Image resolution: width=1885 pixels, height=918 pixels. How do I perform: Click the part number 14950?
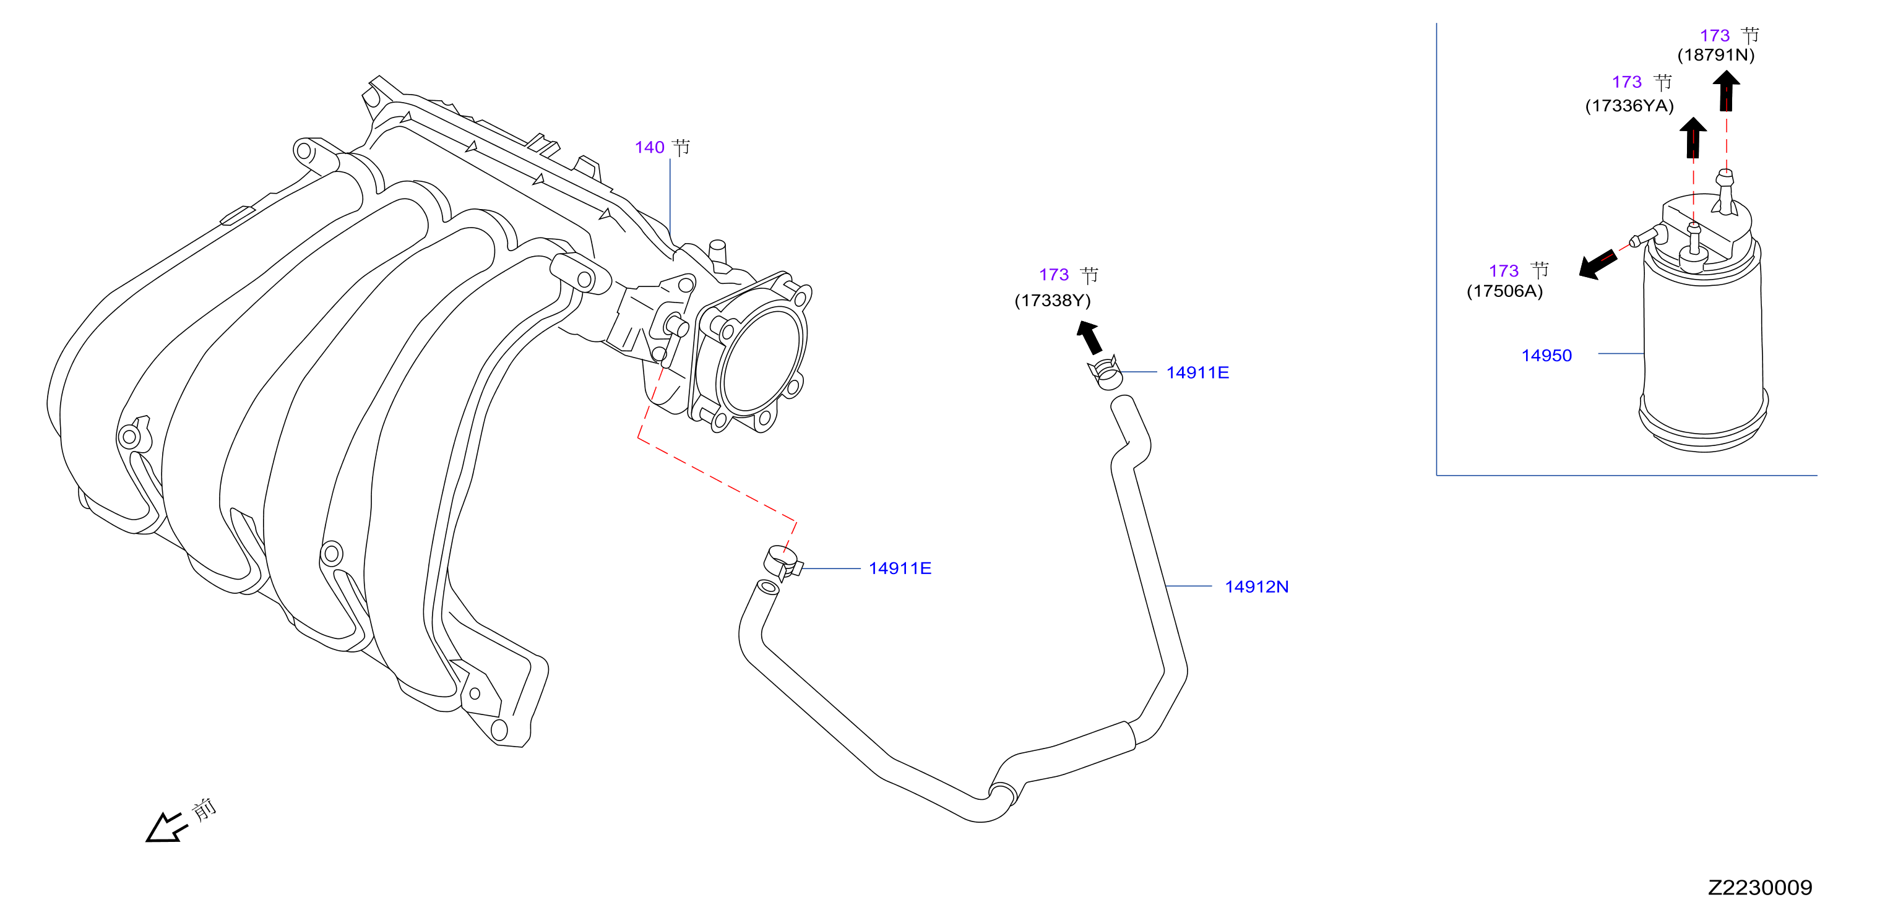(x=1546, y=356)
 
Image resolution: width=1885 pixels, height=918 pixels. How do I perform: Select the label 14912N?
(x=1256, y=586)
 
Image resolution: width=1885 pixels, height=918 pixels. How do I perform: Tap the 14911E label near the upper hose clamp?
(x=1197, y=372)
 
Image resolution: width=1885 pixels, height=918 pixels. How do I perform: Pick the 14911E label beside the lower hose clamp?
(x=899, y=568)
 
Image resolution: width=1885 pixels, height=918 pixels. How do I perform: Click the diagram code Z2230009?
(x=1760, y=887)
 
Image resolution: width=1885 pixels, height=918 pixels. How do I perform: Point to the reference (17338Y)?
(x=1052, y=301)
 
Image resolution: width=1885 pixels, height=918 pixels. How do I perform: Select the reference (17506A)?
(x=1504, y=291)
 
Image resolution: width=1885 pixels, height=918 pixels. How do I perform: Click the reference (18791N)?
(x=1716, y=55)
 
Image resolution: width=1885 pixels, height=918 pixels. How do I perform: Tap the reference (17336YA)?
(x=1629, y=106)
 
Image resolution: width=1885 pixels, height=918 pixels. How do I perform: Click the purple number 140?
(x=649, y=148)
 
